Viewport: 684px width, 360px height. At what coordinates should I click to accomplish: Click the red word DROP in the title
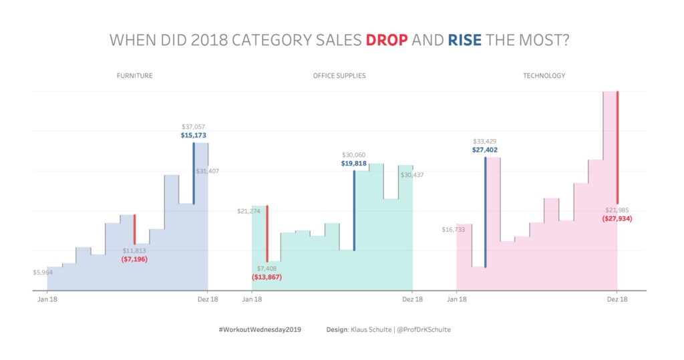[387, 40]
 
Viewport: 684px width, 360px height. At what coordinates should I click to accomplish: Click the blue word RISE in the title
[465, 40]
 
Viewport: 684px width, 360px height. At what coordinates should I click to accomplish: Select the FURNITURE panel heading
[134, 75]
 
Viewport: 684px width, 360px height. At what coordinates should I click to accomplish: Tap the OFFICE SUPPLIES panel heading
[339, 75]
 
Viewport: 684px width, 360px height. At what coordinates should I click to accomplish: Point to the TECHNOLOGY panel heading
[544, 75]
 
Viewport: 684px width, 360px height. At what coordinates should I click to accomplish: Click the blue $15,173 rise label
[194, 135]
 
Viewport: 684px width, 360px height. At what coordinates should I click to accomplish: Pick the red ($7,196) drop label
[135, 258]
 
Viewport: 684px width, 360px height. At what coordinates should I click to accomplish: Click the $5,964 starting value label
[43, 272]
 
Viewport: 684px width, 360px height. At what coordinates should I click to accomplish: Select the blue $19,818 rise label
[353, 163]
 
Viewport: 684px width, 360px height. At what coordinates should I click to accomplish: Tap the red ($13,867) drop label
[267, 276]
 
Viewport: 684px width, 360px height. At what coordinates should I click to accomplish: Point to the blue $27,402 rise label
[486, 150]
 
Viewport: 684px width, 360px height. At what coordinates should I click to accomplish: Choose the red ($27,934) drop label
[617, 218]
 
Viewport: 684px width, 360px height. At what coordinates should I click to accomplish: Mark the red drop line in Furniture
[135, 229]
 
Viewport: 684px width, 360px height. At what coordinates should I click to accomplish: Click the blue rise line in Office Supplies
[354, 210]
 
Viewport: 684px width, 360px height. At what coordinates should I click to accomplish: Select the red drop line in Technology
[617, 147]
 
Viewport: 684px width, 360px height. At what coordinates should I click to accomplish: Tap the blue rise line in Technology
[486, 212]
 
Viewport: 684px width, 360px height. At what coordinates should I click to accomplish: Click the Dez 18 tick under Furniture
[208, 299]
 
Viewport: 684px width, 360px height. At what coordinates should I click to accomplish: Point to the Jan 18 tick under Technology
[456, 299]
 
